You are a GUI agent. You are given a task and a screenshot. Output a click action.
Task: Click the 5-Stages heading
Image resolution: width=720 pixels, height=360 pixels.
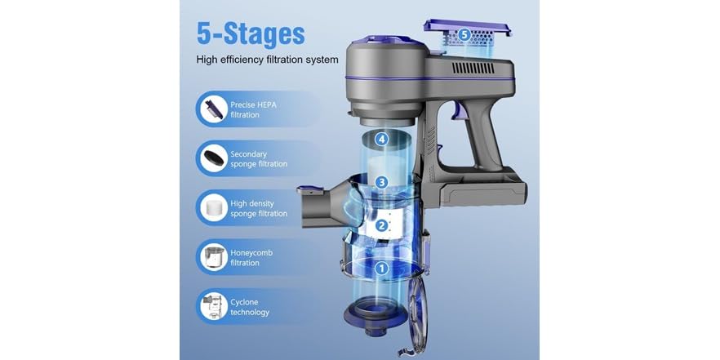pyautogui.click(x=250, y=34)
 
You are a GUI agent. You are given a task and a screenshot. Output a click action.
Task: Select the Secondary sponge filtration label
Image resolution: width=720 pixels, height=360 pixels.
pyautogui.click(x=258, y=158)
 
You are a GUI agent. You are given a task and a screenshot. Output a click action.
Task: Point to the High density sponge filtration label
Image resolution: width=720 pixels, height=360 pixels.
pyautogui.click(x=258, y=208)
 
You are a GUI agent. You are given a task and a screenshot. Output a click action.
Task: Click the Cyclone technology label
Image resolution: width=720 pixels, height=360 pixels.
pyautogui.click(x=249, y=307)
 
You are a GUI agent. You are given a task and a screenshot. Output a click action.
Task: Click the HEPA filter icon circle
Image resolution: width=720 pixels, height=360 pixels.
pyautogui.click(x=213, y=109)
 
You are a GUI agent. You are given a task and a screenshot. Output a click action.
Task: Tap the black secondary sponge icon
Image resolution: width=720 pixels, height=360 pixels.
pyautogui.click(x=213, y=158)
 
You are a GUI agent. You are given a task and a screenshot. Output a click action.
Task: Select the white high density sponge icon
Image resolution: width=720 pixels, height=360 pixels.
pyautogui.click(x=213, y=207)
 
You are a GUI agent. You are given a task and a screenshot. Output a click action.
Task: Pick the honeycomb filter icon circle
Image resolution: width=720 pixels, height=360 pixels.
pyautogui.click(x=213, y=257)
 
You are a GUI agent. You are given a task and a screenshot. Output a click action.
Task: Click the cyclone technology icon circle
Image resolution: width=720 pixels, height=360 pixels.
pyautogui.click(x=213, y=307)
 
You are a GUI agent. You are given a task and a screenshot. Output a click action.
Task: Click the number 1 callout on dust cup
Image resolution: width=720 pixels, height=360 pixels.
pyautogui.click(x=380, y=267)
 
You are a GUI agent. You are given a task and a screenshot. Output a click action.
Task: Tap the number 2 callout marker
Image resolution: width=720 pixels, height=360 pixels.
pyautogui.click(x=380, y=226)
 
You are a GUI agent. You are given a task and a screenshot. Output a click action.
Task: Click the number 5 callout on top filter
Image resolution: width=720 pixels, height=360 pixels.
pyautogui.click(x=464, y=35)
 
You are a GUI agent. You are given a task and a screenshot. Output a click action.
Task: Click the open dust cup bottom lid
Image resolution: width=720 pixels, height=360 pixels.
pyautogui.click(x=419, y=315)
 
